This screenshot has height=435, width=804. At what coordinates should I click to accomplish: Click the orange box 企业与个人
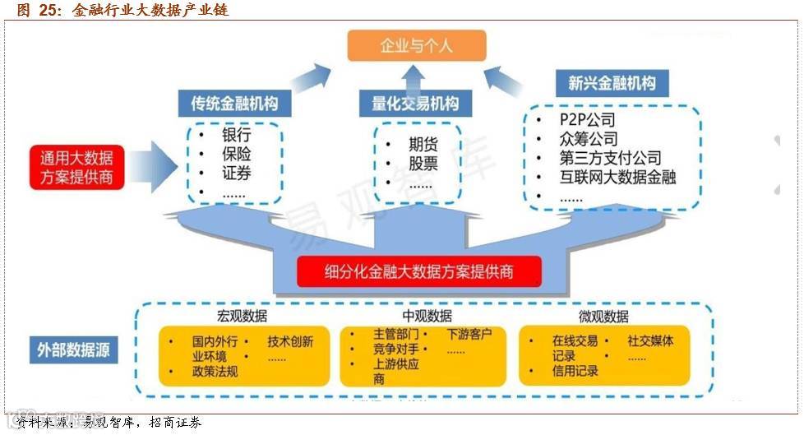416,45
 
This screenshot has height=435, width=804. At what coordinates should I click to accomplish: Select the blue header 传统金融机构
234,104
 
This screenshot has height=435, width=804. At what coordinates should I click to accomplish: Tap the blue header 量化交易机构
415,104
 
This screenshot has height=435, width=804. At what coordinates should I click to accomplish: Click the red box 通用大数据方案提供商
76,166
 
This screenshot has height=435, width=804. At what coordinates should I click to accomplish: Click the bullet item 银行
236,135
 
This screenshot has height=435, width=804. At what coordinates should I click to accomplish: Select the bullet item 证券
236,173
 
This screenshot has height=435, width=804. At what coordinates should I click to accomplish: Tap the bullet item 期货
423,144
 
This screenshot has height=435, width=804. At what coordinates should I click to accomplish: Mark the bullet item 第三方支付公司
611,158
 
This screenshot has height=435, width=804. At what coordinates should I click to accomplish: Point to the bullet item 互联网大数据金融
617,177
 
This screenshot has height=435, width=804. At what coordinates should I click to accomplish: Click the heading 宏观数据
242,317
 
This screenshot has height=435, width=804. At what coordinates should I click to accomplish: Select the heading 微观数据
604,317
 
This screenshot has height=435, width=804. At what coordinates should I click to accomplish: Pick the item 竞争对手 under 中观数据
396,349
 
